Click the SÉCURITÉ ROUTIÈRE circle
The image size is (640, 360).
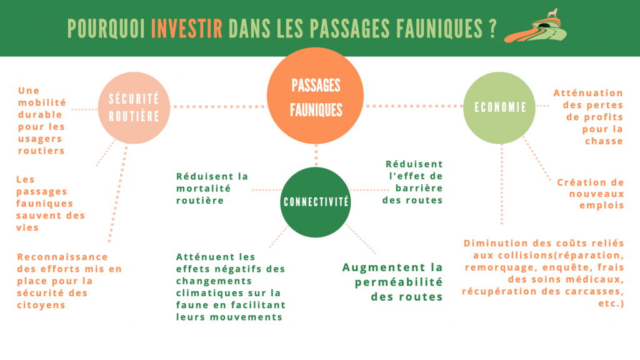(x=134, y=107)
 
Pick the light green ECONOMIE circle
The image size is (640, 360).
(x=499, y=107)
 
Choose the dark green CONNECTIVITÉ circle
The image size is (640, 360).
(x=316, y=201)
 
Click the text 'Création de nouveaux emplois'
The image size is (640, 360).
(x=591, y=193)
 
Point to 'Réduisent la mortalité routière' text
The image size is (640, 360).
(x=212, y=188)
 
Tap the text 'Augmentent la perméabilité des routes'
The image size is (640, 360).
(x=392, y=282)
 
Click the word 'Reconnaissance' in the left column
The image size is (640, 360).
(x=62, y=257)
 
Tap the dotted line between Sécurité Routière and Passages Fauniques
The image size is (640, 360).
(x=219, y=107)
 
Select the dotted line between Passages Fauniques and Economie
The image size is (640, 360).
(x=413, y=106)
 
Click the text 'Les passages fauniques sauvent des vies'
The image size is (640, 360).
(x=50, y=203)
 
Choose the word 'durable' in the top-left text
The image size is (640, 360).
(x=40, y=114)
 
